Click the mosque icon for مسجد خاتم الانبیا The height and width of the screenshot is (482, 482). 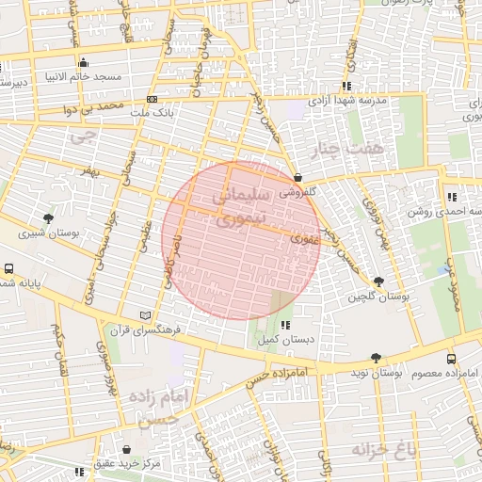(x=83, y=63)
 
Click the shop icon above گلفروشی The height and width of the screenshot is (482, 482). (x=297, y=177)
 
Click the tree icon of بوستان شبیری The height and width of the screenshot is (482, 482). (x=48, y=218)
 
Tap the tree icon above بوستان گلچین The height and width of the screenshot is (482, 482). (x=378, y=281)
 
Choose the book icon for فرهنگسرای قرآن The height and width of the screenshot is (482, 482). (x=144, y=314)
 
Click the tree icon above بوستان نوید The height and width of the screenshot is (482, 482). (x=377, y=358)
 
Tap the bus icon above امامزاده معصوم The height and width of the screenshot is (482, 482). (x=451, y=359)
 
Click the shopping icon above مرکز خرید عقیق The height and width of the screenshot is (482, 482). (x=127, y=448)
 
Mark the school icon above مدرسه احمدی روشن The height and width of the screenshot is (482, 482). (x=452, y=197)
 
